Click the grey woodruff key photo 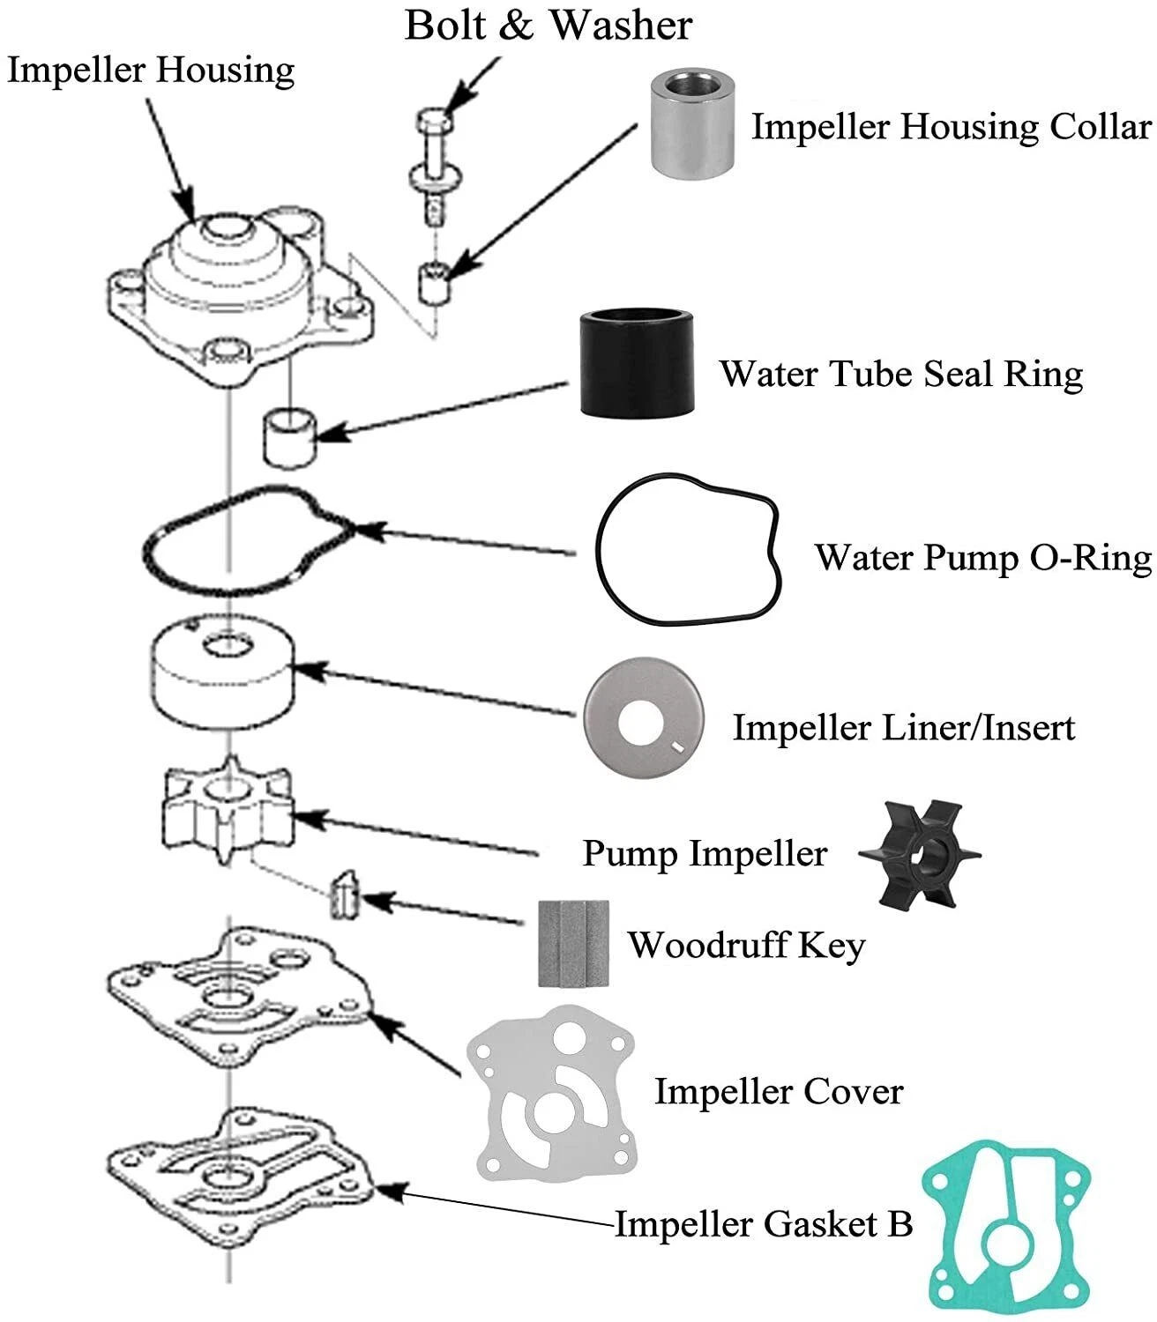tap(574, 943)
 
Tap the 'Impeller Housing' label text tap(151, 71)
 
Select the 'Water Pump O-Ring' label tap(982, 557)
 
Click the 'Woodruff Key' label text tap(746, 945)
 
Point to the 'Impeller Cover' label tap(778, 1091)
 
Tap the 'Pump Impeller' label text tap(705, 853)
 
